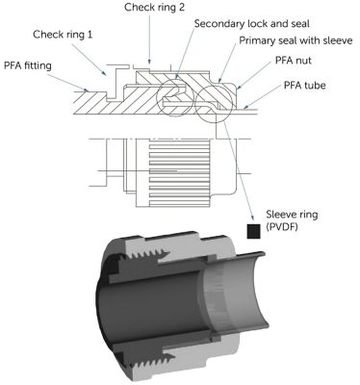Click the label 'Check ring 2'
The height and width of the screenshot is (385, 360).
pos(154,8)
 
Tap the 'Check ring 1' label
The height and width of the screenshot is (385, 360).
pos(63,35)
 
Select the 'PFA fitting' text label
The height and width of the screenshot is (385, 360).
pos(28,65)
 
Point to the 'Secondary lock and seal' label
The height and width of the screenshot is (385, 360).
pos(252,24)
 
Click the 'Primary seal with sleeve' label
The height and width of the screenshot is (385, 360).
pos(296,40)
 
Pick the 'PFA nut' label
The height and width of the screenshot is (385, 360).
pos(294,61)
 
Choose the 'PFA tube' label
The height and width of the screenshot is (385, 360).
pos(304,86)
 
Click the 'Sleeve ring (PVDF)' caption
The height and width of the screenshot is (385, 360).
pos(292,220)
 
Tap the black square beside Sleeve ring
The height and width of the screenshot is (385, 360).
pos(253,231)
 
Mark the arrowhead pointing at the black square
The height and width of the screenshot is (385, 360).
pos(252,218)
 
